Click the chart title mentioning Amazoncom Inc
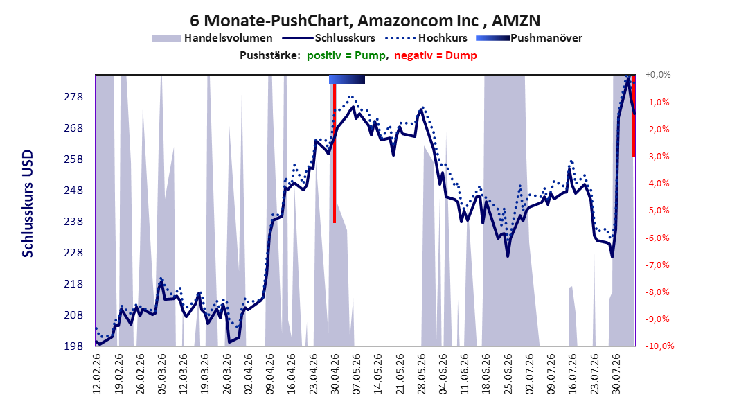pyautogui.click(x=365, y=21)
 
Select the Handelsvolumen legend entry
pyautogui.click(x=213, y=38)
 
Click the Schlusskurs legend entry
pyautogui.click(x=329, y=38)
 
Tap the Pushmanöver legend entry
pyautogui.click(x=529, y=38)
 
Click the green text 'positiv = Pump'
pyautogui.click(x=346, y=55)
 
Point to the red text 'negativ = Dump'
pyautogui.click(x=436, y=55)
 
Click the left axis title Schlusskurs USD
pyautogui.click(x=28, y=204)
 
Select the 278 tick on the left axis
pyautogui.click(x=73, y=97)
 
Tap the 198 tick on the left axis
pyautogui.click(x=73, y=346)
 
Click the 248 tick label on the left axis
pyautogui.click(x=73, y=191)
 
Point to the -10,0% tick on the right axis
pyautogui.click(x=659, y=346)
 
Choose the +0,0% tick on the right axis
pyautogui.click(x=658, y=75)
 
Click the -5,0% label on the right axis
pyautogui.click(x=657, y=211)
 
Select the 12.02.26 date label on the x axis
pyautogui.click(x=97, y=374)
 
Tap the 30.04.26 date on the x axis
pyautogui.click(x=335, y=374)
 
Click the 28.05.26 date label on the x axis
pyautogui.click(x=421, y=374)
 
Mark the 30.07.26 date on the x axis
pyautogui.click(x=616, y=374)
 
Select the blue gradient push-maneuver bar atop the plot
pyautogui.click(x=347, y=79)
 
